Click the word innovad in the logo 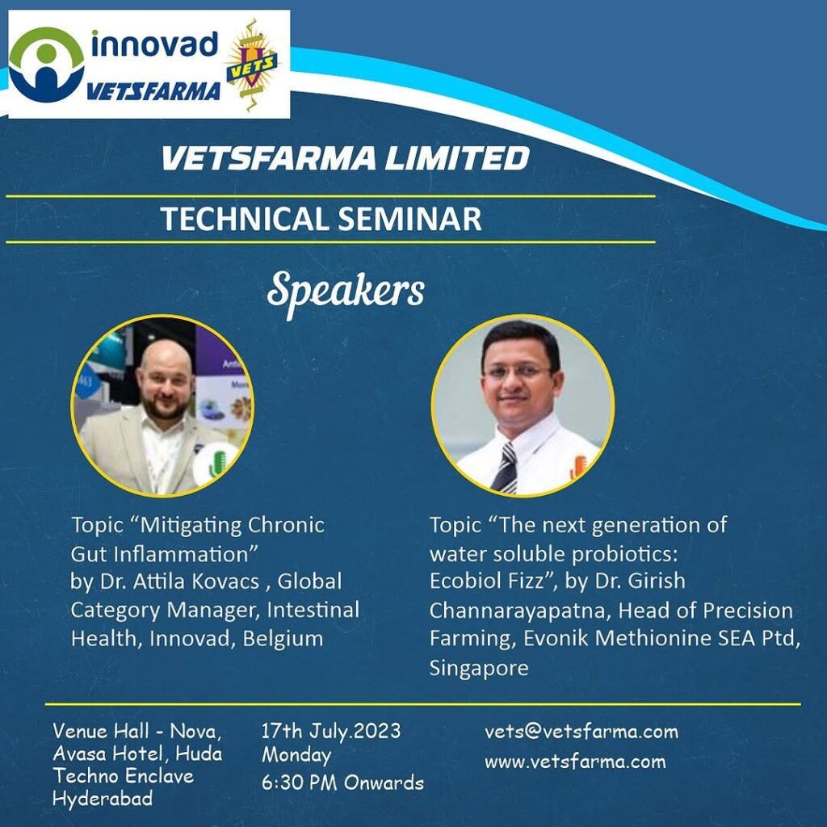click(x=155, y=45)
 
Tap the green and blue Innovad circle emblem click(x=46, y=65)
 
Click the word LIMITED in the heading click(x=457, y=158)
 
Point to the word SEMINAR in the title click(x=409, y=219)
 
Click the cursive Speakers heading click(x=346, y=292)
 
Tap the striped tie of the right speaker click(x=506, y=468)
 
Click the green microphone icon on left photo click(x=216, y=463)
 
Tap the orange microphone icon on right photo click(x=577, y=466)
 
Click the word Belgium click(x=283, y=639)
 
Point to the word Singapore click(x=479, y=668)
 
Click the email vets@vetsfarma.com click(x=581, y=732)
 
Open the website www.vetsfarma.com click(x=575, y=762)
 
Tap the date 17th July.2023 click(x=331, y=732)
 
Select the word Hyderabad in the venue click(x=103, y=799)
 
